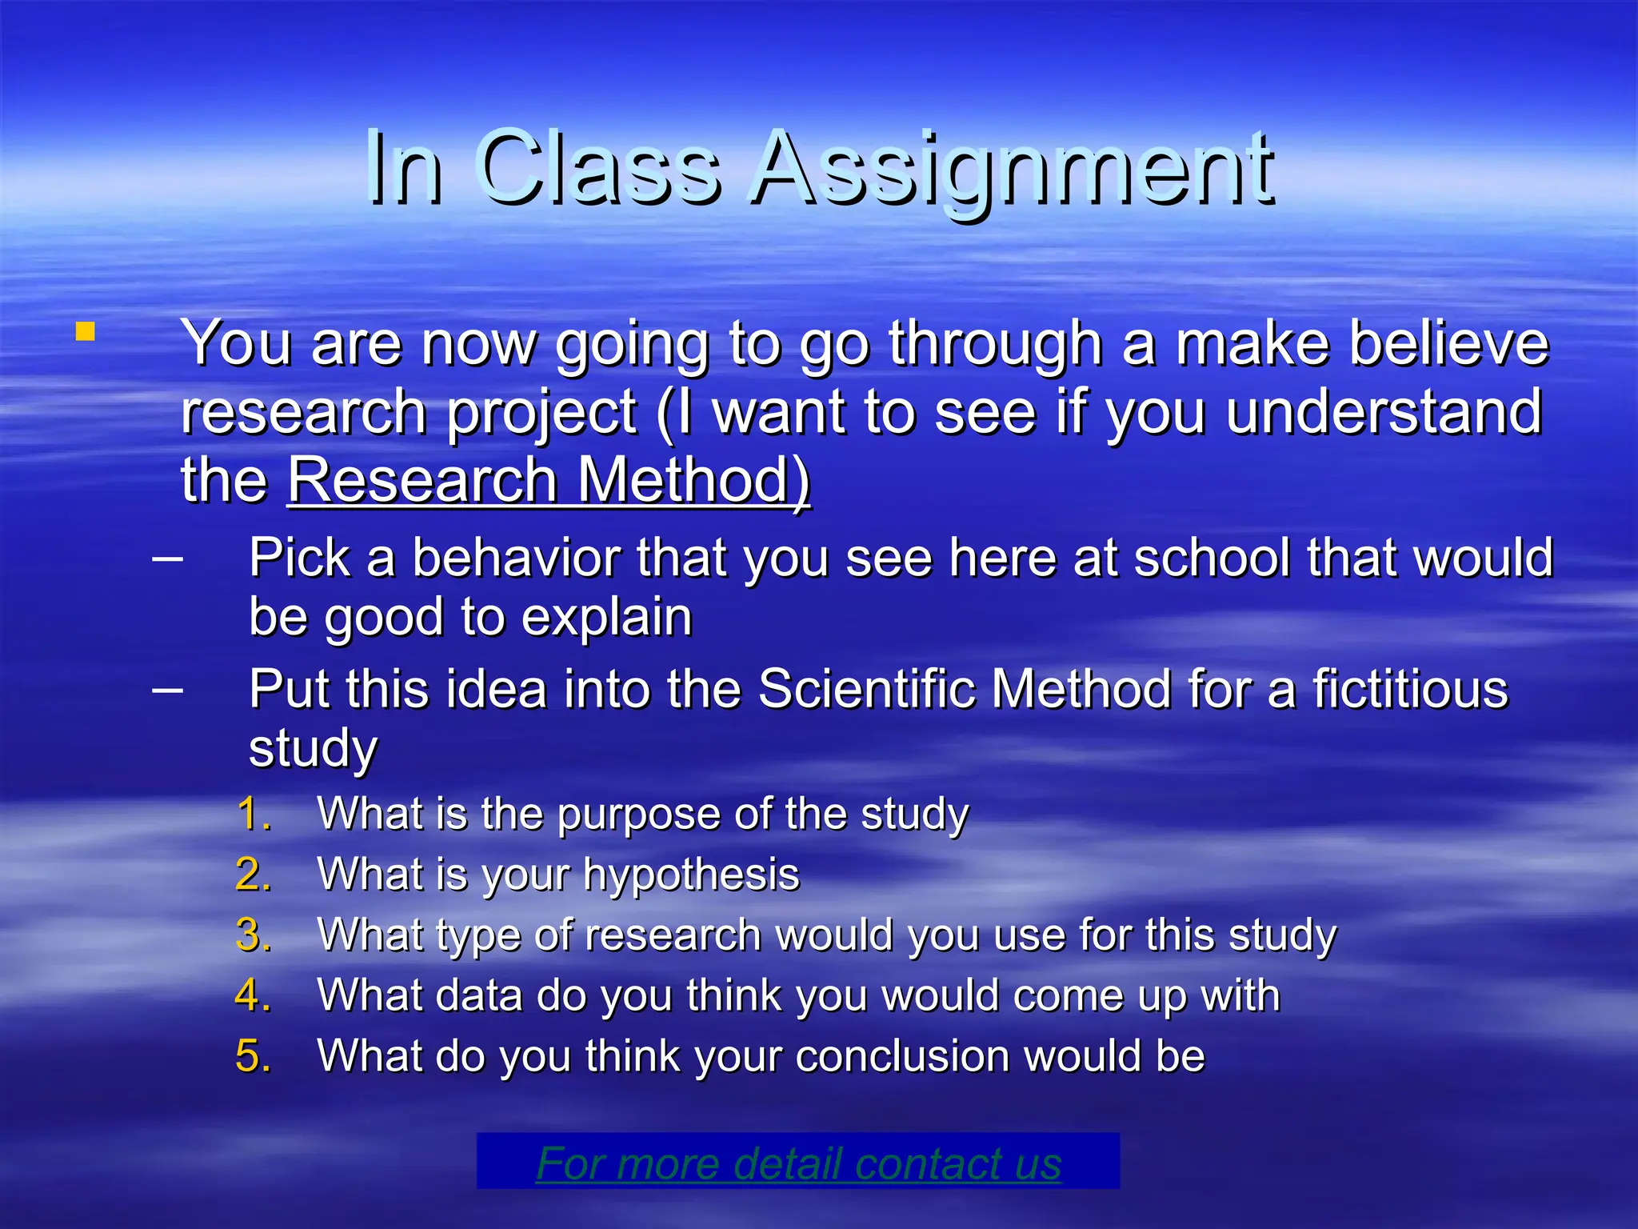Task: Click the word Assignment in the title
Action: point(1013,170)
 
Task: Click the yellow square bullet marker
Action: point(86,331)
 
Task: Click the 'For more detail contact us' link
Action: point(798,1163)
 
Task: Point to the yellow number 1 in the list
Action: point(253,814)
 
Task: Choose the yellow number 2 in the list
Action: point(253,875)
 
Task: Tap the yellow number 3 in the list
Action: point(253,935)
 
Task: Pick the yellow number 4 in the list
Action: point(253,995)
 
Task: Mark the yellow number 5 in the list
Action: point(253,1056)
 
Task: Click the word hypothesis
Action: point(691,875)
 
